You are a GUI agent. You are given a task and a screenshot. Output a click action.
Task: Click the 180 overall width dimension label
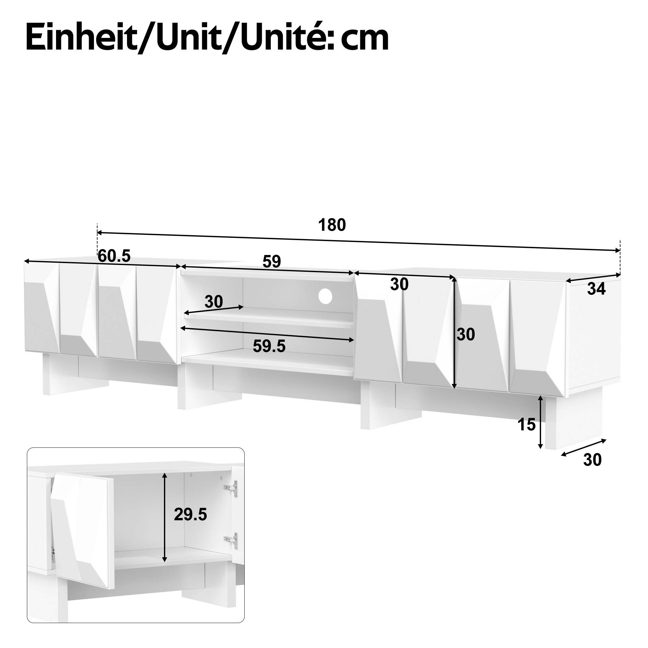pos(332,225)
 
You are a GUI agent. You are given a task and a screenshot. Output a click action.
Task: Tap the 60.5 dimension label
pos(114,256)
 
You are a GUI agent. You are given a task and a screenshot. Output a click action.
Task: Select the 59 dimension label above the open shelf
pos(272,261)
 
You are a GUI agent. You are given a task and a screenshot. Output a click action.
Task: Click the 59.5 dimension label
pos(269,346)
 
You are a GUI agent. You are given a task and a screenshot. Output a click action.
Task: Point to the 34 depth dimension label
pos(596,289)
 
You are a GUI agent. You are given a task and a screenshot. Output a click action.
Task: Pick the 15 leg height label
pos(526,425)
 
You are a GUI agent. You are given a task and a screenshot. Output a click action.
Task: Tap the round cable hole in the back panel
pos(325,296)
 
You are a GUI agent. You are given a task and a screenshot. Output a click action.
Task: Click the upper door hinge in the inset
pos(231,489)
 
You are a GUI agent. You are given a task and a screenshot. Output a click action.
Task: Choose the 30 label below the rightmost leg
pos(592,460)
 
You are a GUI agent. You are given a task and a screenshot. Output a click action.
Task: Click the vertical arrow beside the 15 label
pos(540,422)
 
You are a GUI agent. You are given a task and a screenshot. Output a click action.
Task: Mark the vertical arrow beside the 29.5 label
pos(164,517)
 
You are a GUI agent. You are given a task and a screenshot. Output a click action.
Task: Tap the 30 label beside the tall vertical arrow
pos(466,334)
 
